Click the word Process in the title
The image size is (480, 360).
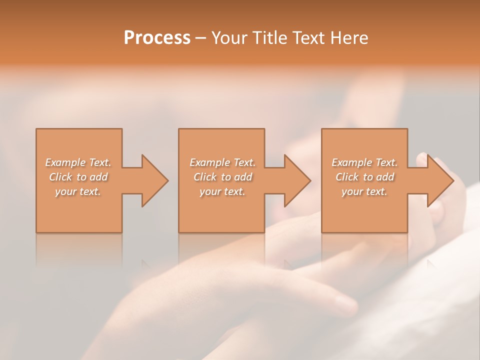tap(157, 38)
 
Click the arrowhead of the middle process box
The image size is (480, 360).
tap(297, 180)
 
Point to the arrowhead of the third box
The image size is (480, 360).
tap(439, 180)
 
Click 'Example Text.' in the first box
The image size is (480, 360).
tap(78, 162)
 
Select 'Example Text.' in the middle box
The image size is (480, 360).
tap(222, 162)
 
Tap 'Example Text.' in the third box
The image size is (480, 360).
tap(364, 162)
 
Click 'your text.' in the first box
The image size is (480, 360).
tap(78, 191)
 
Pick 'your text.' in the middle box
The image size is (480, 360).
tap(222, 191)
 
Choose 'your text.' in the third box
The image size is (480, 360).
tap(364, 191)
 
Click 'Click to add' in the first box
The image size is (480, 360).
tap(78, 177)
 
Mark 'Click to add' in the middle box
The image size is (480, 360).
tap(222, 177)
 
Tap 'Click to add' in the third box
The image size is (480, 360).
tap(364, 177)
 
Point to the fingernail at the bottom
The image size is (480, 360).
tap(345, 302)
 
